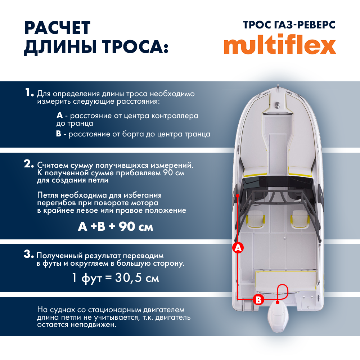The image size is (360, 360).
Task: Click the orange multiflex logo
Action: [x=280, y=45]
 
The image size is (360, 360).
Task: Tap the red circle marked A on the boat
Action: [x=238, y=248]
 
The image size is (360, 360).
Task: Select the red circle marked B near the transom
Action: [x=258, y=299]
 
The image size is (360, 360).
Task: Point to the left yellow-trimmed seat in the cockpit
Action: [x=256, y=220]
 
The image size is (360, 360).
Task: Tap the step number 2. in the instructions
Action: [x=29, y=164]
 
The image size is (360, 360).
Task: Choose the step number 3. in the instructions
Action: [x=29, y=254]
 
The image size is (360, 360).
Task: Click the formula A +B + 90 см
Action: [x=116, y=227]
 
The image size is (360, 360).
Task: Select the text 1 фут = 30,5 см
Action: [x=116, y=278]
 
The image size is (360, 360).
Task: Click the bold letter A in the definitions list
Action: [x=60, y=116]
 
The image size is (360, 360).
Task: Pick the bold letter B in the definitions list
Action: [x=59, y=134]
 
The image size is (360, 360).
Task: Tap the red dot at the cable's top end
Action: [x=238, y=195]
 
